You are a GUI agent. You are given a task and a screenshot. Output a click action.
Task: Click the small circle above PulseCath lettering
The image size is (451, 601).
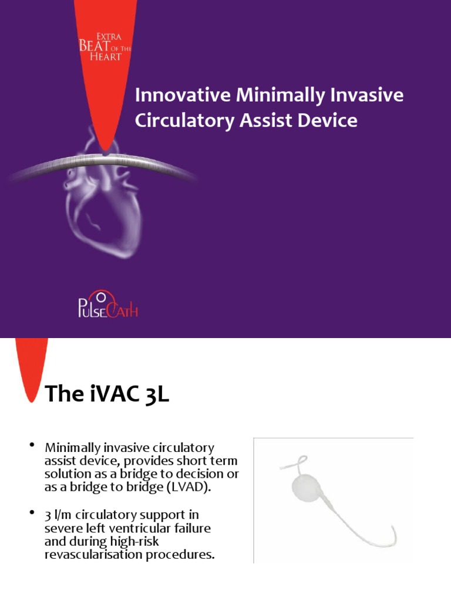pyautogui.click(x=100, y=294)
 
